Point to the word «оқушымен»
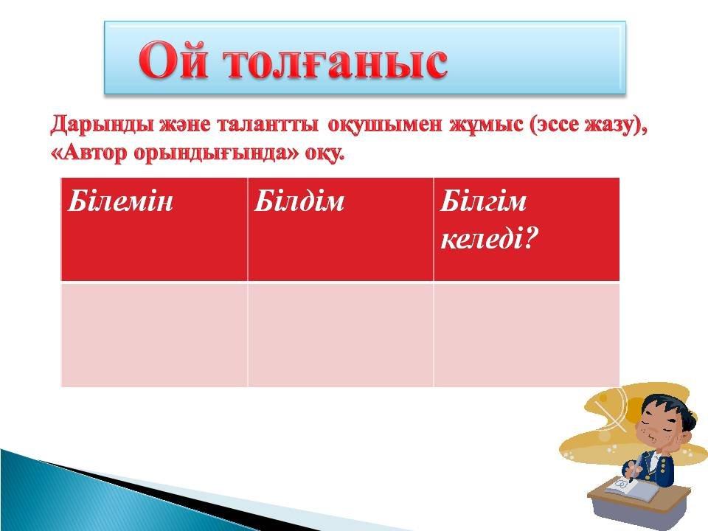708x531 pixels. pos(385,125)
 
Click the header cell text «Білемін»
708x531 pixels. pos(120,201)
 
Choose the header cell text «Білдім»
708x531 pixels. pos(299,201)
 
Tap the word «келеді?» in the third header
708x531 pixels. pos(489,238)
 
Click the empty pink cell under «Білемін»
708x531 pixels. pos(154,335)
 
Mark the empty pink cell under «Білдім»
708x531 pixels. pos(341,335)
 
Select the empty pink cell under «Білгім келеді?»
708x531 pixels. pos(526,335)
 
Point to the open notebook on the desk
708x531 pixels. pos(625,487)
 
